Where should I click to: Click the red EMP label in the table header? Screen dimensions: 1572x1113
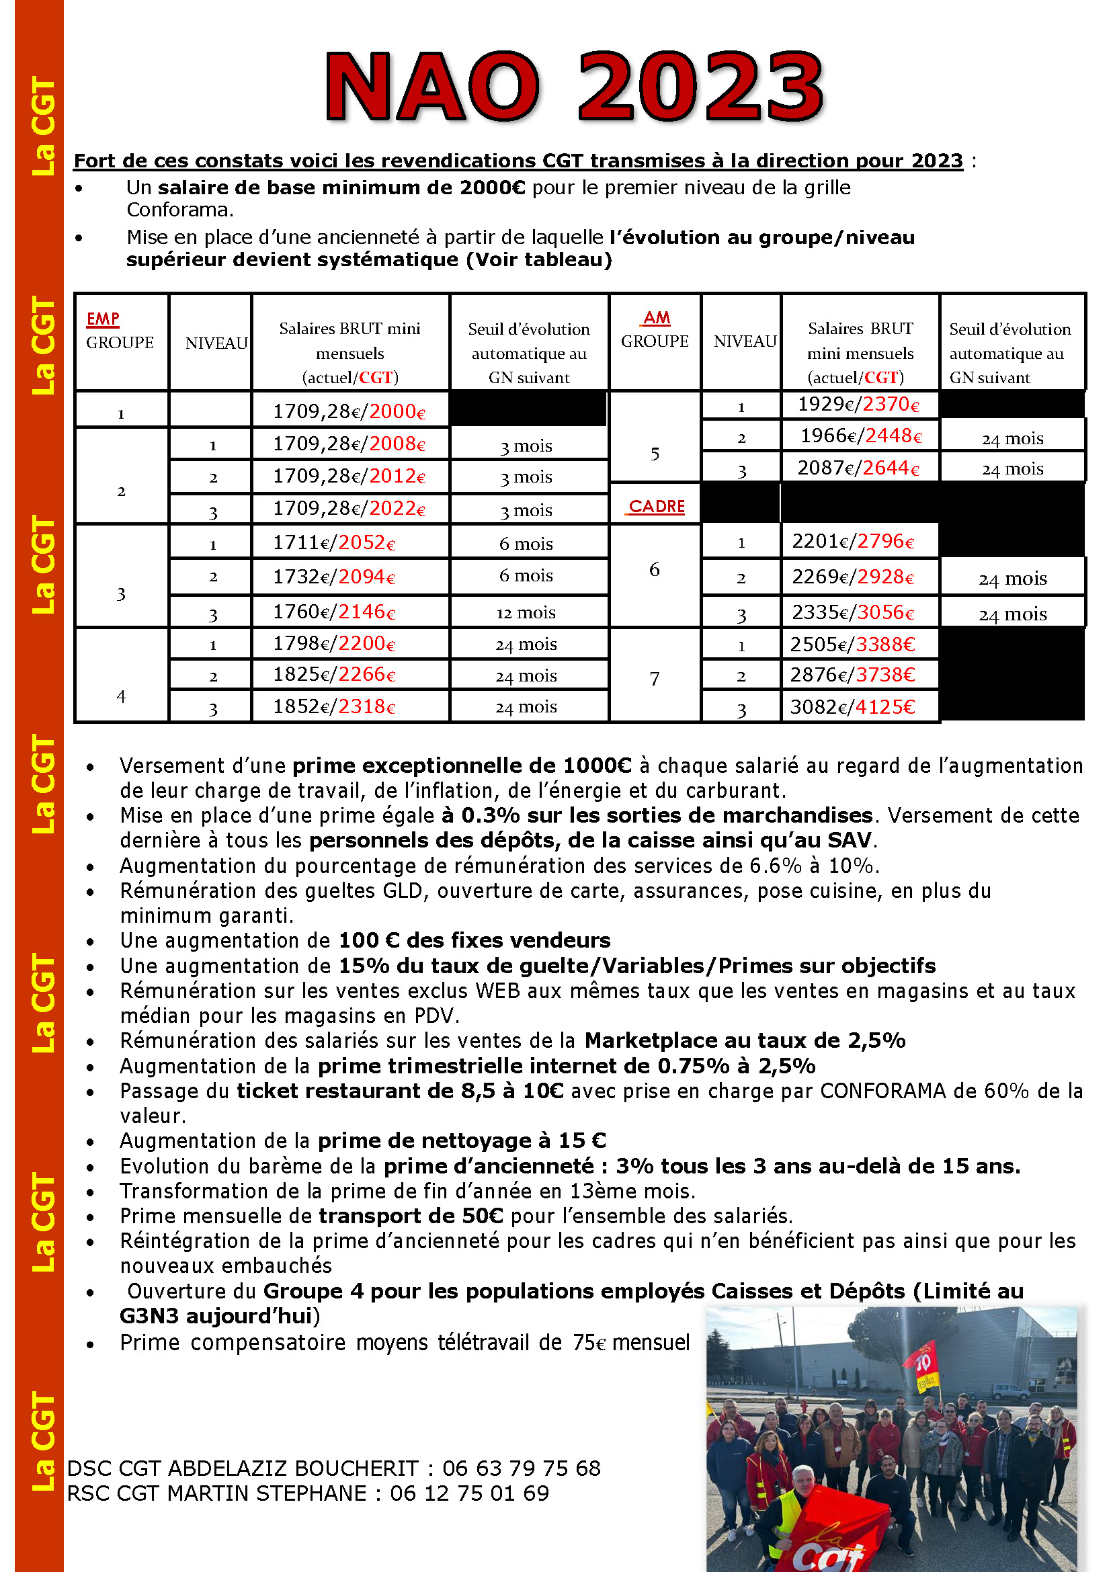pos(103,319)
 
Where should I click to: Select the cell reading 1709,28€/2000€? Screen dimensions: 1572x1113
pos(349,411)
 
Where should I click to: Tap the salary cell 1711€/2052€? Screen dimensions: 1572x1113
pos(334,543)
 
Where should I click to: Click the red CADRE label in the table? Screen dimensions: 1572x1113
pos(656,506)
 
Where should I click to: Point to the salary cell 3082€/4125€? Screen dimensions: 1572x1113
pos(853,706)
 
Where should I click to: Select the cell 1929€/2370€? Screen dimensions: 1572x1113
pos(860,405)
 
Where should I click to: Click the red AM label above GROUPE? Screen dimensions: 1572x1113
pos(657,318)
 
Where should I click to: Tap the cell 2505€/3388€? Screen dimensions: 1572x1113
pos(853,644)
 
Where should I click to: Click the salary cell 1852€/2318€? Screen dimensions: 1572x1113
pos(334,706)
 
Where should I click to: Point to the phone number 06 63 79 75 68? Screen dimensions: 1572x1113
pos(521,1468)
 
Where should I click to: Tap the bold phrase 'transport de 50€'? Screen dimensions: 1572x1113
pos(411,1216)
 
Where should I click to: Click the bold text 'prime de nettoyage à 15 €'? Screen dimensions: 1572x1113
pos(462,1141)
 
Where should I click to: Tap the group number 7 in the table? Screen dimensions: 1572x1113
pos(655,678)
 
